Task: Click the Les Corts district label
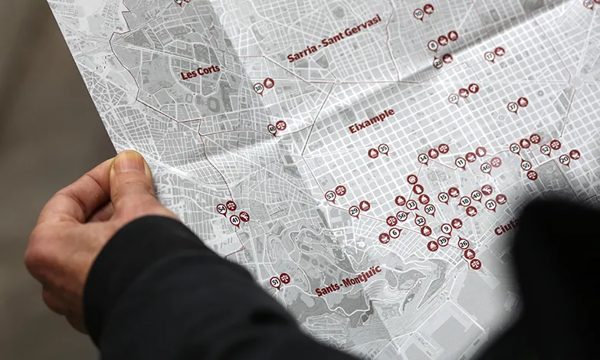pyautogui.click(x=200, y=73)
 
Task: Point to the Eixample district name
pyautogui.click(x=372, y=121)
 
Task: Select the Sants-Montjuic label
pyautogui.click(x=348, y=281)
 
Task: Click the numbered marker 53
pyautogui.click(x=330, y=195)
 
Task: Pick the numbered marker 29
pyautogui.click(x=354, y=211)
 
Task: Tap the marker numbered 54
pyautogui.click(x=221, y=208)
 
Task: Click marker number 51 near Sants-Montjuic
pyautogui.click(x=275, y=282)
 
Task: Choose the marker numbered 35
pyautogui.click(x=384, y=149)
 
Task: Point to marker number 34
pyautogui.click(x=423, y=159)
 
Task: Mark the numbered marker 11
pyautogui.click(x=461, y=162)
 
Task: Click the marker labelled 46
pyautogui.click(x=486, y=165)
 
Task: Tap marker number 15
pyautogui.click(x=443, y=197)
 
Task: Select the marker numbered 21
pyautogui.click(x=490, y=205)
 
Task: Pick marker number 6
pyautogui.click(x=395, y=232)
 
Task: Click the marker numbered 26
pyautogui.click(x=463, y=243)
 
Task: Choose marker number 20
pyautogui.click(x=565, y=159)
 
